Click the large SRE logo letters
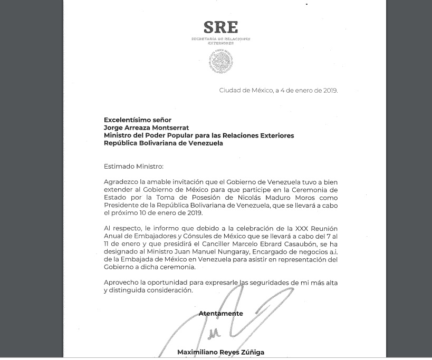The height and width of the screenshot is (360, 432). pyautogui.click(x=220, y=27)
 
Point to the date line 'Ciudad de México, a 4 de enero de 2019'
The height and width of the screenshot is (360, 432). pyautogui.click(x=278, y=90)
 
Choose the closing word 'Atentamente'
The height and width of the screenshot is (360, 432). pyautogui.click(x=220, y=314)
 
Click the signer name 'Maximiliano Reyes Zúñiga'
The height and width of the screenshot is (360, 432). pyautogui.click(x=220, y=352)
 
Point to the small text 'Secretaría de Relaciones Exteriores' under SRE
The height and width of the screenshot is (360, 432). pyautogui.click(x=220, y=41)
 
